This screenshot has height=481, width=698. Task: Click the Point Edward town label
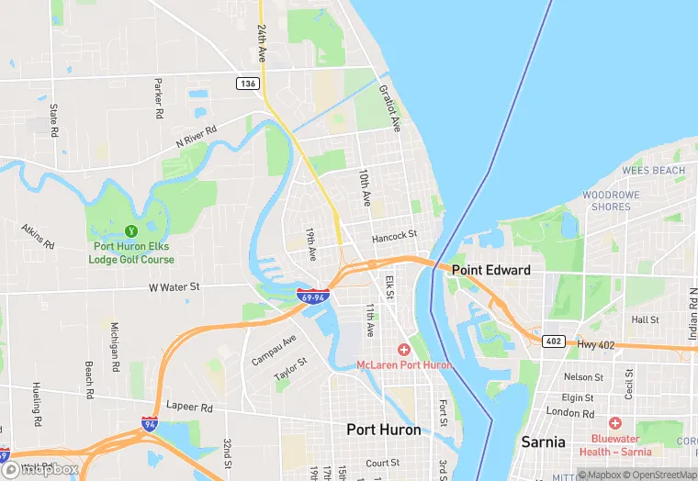pos(490,270)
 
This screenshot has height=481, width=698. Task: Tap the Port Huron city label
pos(383,430)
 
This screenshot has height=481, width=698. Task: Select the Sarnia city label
pos(543,442)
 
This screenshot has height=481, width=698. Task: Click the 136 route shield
pos(247,84)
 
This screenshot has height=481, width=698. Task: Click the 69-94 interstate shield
pos(312,297)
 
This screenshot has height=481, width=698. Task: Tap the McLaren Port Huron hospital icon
pos(403,350)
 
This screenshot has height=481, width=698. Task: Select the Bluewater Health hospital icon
pos(614,423)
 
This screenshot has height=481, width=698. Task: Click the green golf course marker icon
pos(130,230)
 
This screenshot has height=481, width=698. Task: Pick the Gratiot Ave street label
pos(391,108)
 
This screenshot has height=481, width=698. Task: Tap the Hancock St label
pos(394,237)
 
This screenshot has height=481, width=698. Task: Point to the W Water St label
pos(174,287)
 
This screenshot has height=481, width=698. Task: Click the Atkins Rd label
pos(38,238)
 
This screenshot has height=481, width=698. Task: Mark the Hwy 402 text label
pos(597,344)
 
